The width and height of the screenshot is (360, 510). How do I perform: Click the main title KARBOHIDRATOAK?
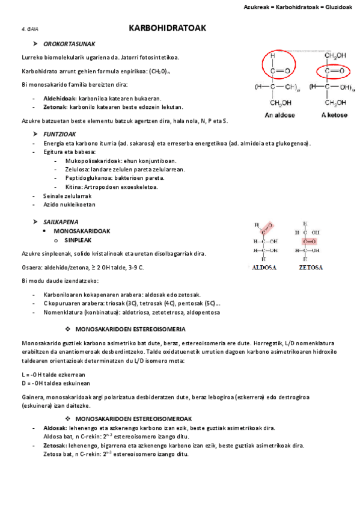[168, 28]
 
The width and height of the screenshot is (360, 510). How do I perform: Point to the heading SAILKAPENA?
[61, 222]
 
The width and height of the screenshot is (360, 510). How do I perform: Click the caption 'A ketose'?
[334, 115]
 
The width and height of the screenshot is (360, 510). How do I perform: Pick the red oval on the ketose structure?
[334, 71]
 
